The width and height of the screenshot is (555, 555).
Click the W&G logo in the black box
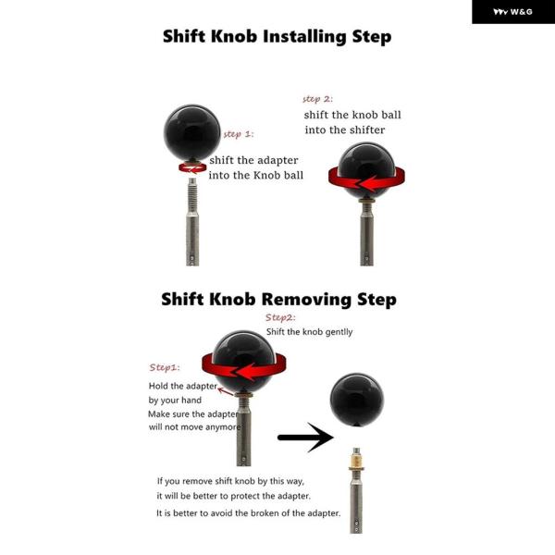(512, 12)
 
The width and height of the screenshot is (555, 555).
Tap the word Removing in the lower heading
(306, 299)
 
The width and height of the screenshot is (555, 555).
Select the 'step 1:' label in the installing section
(239, 134)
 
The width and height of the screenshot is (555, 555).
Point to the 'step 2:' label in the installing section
(317, 99)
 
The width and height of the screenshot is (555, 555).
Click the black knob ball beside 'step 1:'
(192, 132)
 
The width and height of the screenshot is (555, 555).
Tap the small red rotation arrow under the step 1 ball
(192, 167)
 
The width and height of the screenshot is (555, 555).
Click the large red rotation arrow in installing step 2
(366, 179)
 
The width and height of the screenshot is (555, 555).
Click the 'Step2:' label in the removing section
(280, 317)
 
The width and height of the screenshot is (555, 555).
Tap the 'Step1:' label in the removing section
(165, 367)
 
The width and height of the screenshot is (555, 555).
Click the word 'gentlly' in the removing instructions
(339, 332)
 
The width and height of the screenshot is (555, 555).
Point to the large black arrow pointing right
(306, 438)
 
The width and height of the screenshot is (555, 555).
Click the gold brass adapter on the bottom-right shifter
(357, 461)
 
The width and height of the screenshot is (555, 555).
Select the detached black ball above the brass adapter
(357, 400)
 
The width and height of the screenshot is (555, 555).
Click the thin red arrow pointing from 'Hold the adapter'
(226, 391)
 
